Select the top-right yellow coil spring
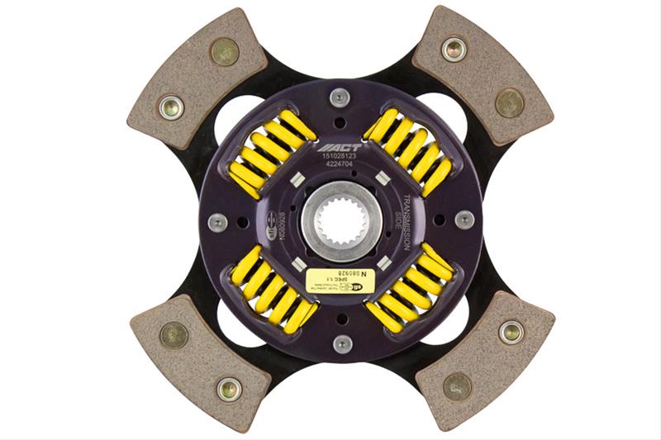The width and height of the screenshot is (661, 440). point(411,150)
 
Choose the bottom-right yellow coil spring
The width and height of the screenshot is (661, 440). point(411,289)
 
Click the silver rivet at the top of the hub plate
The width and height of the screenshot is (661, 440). point(340,97)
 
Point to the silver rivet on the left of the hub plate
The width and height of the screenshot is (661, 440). point(217,222)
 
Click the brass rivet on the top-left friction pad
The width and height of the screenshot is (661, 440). point(224,51)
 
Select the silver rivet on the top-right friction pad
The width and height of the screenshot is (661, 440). point(454,49)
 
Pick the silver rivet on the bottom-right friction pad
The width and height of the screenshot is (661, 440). point(511,333)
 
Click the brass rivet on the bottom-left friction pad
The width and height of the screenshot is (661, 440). point(174,334)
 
